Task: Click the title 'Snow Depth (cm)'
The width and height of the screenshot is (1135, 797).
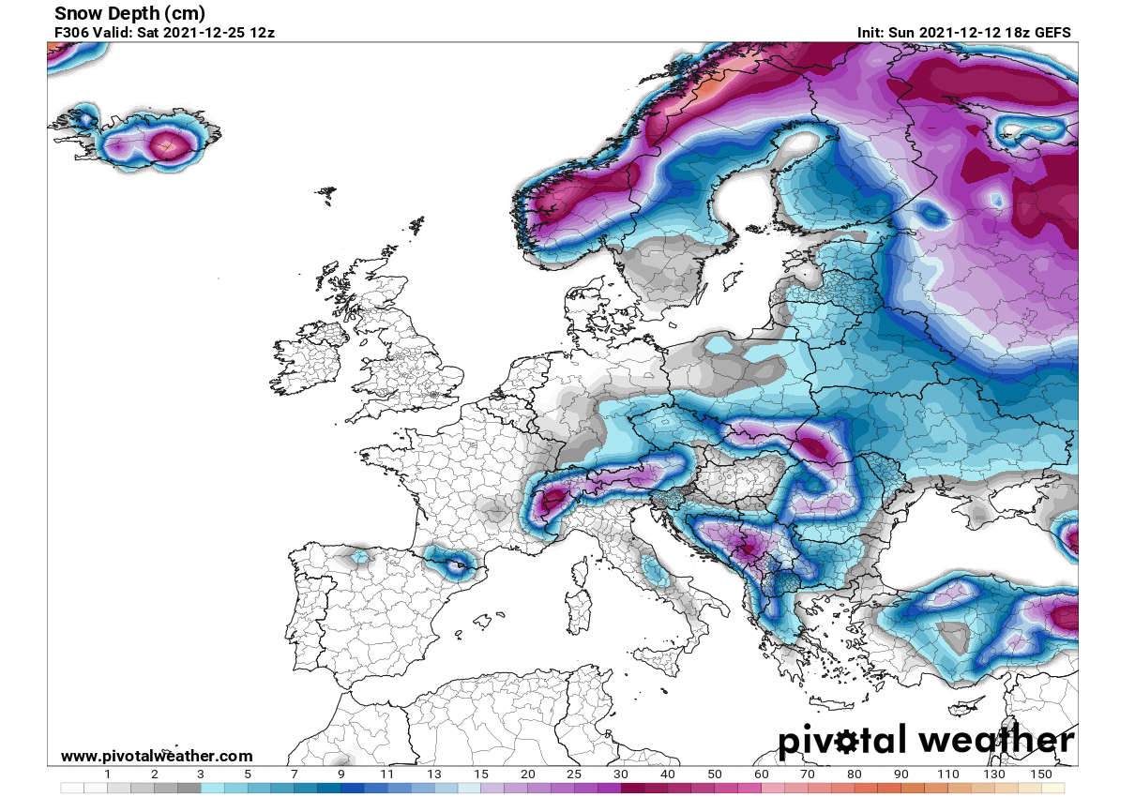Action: (129, 13)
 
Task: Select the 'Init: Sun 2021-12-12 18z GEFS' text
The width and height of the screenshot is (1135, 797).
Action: (963, 33)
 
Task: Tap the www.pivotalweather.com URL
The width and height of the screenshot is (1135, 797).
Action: (157, 756)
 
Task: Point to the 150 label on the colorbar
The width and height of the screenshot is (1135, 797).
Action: (1039, 775)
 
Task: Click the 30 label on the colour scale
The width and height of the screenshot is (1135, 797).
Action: (620, 775)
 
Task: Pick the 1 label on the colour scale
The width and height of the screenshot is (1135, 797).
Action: (108, 775)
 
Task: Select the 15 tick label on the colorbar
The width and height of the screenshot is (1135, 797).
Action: (481, 775)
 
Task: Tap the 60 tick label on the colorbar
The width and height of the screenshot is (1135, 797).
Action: (761, 775)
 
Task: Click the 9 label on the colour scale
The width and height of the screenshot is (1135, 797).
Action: (340, 775)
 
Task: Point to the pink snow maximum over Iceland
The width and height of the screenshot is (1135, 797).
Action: (170, 145)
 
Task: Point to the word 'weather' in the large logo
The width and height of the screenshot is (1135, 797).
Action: (996, 741)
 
